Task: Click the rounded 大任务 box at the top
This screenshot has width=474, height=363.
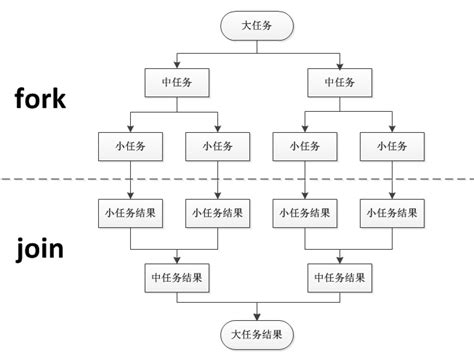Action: [x=259, y=22]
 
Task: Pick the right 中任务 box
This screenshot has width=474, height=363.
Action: [x=345, y=81]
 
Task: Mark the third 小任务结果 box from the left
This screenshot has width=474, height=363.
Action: [x=303, y=212]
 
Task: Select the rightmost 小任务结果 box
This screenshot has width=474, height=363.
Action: [x=391, y=212]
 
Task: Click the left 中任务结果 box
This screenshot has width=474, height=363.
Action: [x=176, y=277]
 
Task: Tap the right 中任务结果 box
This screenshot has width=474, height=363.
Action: [x=345, y=277]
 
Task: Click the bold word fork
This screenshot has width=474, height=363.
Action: [x=40, y=99]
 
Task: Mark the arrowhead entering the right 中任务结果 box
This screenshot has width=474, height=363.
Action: [x=345, y=260]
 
